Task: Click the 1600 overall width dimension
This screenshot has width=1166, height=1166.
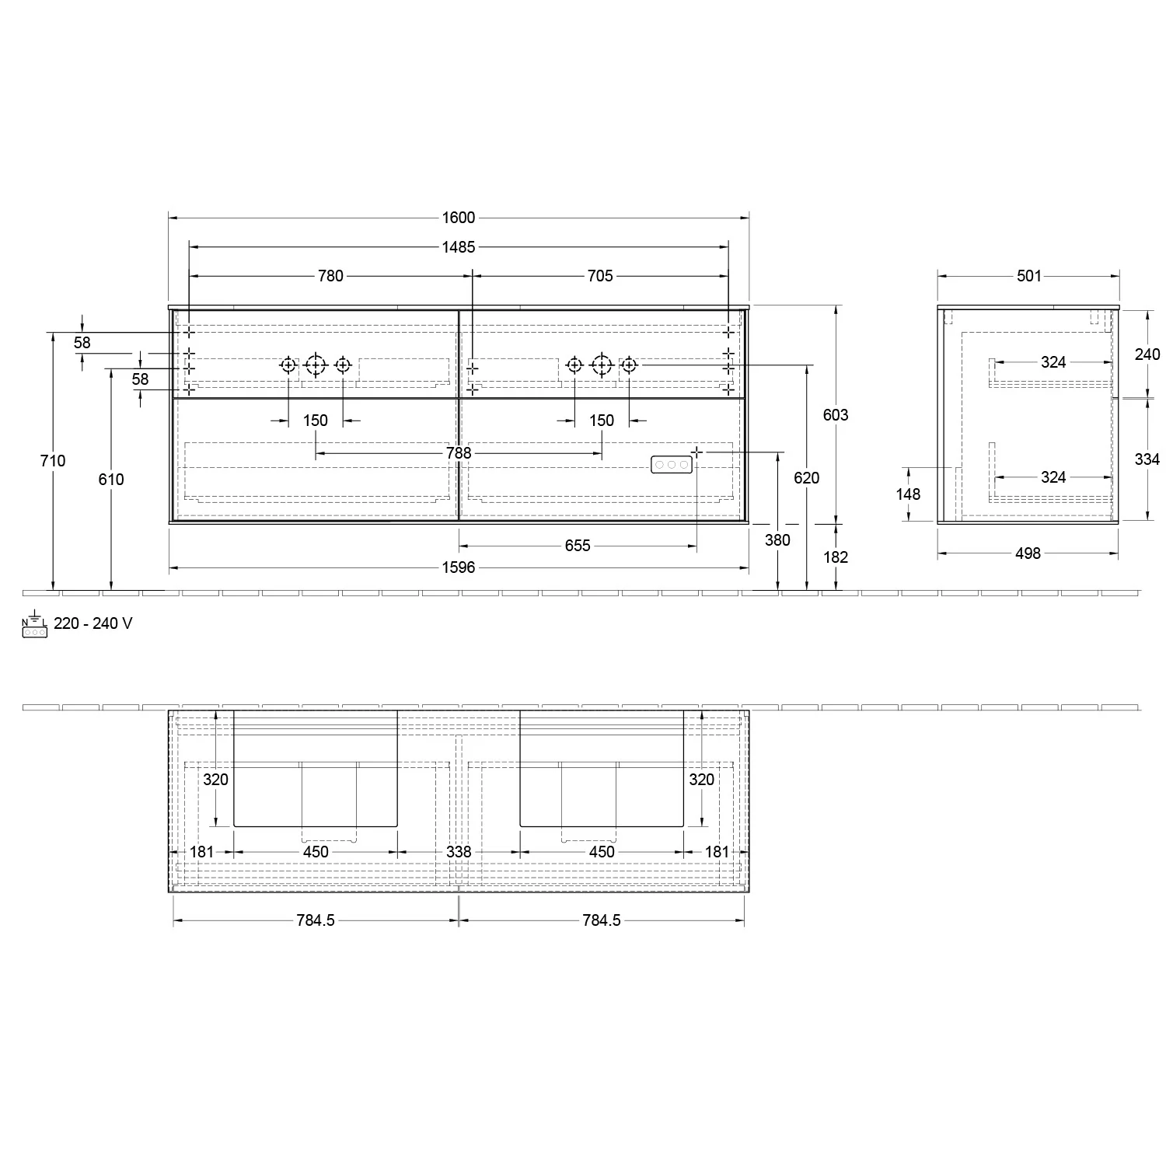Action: (459, 218)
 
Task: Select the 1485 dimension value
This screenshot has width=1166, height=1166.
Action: (459, 247)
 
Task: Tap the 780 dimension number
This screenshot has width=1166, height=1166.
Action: (330, 276)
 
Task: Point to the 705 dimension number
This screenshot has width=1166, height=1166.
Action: (600, 276)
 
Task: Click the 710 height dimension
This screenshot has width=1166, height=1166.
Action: (53, 461)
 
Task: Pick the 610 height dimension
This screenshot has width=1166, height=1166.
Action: (111, 480)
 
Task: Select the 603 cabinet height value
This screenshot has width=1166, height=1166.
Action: (836, 415)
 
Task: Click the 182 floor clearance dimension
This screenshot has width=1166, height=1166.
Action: (836, 557)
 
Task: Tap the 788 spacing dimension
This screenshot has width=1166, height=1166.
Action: (459, 453)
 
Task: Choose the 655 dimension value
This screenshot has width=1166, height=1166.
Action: (578, 546)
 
